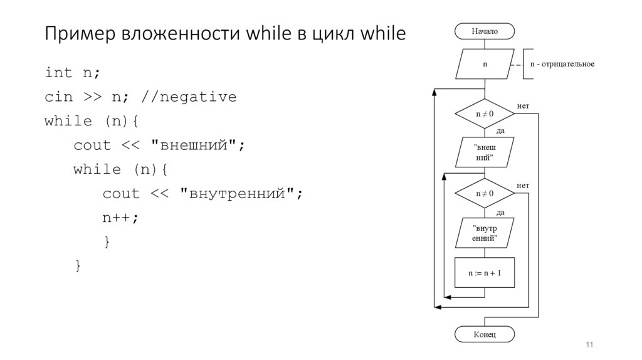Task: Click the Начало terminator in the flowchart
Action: click(x=485, y=31)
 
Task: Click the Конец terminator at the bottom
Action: click(x=485, y=334)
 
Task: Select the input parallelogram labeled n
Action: click(x=485, y=65)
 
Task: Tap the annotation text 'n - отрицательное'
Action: click(x=562, y=65)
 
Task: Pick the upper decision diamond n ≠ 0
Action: click(x=485, y=114)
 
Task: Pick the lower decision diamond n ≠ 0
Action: click(x=485, y=193)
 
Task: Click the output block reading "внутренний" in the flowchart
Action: click(x=485, y=233)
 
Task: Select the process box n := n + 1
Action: click(x=485, y=273)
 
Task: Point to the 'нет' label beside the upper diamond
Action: click(x=523, y=106)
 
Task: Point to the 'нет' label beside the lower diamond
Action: click(x=523, y=186)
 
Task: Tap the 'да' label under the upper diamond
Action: click(x=500, y=131)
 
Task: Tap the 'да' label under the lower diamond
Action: click(x=500, y=212)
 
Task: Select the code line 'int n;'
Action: click(x=72, y=73)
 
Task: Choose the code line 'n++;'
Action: click(x=120, y=218)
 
